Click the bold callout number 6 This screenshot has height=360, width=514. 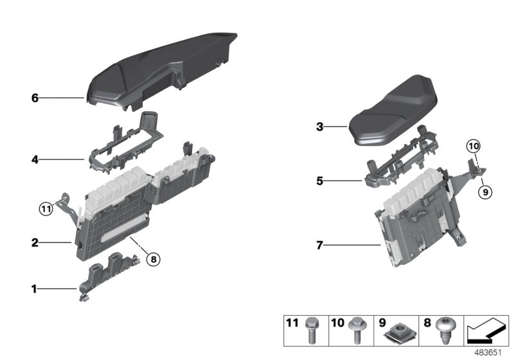(x=35, y=98)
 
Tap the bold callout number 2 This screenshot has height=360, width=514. (x=35, y=243)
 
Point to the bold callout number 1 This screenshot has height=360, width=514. (x=35, y=290)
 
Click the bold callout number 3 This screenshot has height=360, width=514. (x=319, y=127)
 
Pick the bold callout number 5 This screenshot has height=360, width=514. (x=319, y=181)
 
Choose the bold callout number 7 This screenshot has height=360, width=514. (x=319, y=245)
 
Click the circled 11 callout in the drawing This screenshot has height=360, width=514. (x=45, y=208)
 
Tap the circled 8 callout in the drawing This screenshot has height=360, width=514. (x=152, y=260)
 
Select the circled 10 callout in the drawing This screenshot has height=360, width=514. (x=473, y=147)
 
